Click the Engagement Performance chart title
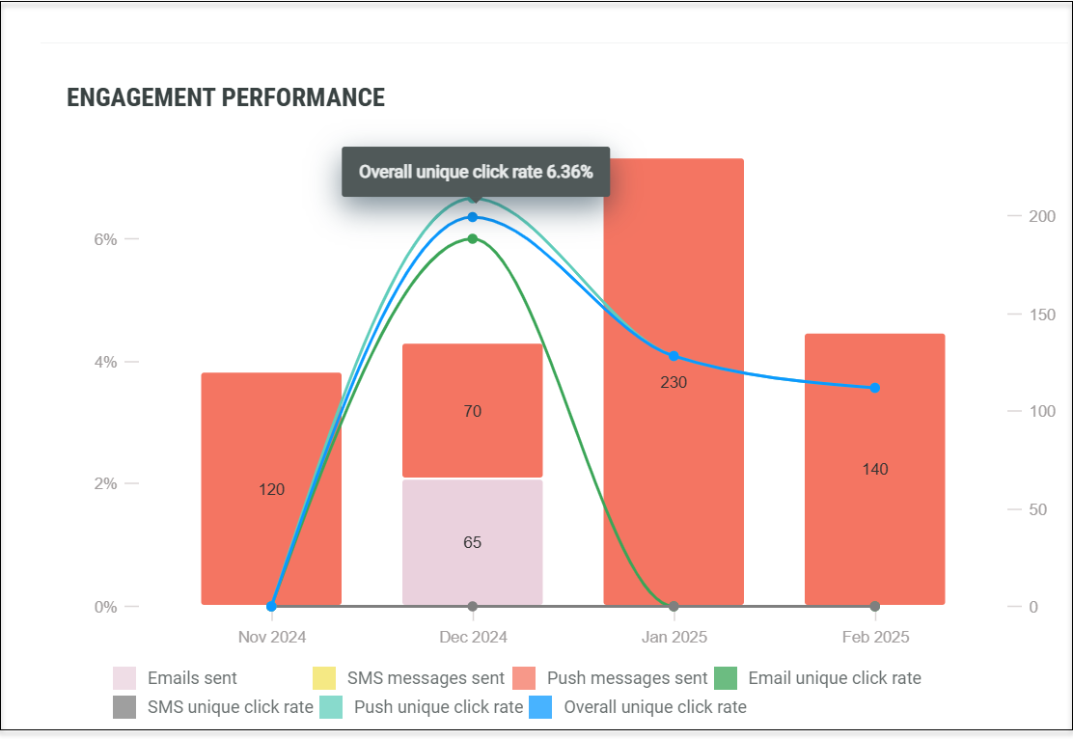tap(226, 97)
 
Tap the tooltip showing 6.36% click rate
tap(476, 172)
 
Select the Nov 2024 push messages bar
tap(271, 488)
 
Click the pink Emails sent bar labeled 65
tap(472, 542)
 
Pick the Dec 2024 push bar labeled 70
tap(472, 411)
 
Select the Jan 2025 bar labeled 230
tap(674, 382)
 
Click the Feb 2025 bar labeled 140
tap(874, 470)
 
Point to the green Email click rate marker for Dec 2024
tap(472, 239)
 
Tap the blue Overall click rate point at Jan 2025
tap(674, 356)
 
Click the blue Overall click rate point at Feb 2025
tap(874, 388)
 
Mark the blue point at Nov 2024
tap(271, 606)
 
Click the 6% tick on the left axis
tap(105, 239)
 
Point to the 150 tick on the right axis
tap(1042, 315)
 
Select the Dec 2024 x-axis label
tap(473, 637)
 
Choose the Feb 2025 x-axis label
tap(875, 637)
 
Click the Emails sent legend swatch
tap(124, 678)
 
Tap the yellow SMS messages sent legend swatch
tap(324, 678)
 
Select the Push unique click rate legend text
tap(439, 707)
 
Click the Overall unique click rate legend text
tap(655, 707)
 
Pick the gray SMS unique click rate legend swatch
tap(124, 707)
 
